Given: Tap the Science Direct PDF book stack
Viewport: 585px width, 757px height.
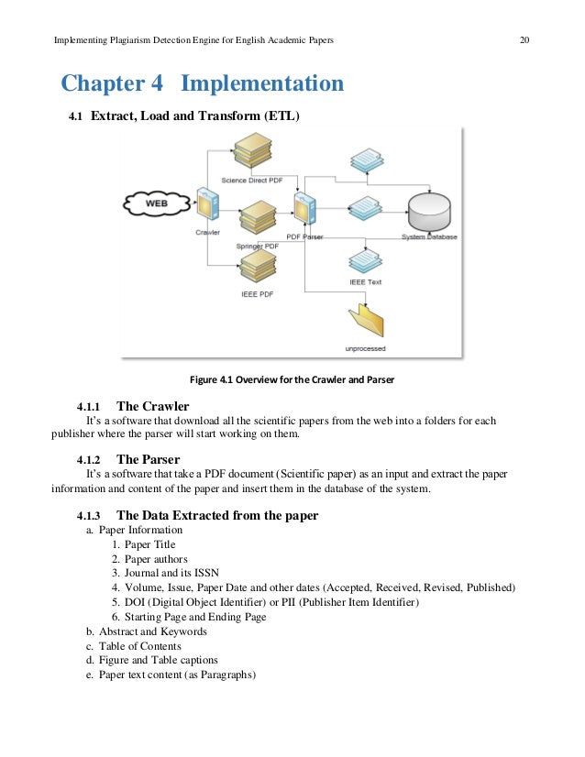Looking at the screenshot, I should coord(248,148).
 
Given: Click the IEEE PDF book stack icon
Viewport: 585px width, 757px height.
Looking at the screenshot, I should coord(258,268).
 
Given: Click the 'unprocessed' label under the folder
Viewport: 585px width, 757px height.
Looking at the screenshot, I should coord(365,349).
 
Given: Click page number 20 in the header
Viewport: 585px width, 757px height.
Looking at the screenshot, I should coord(524,40).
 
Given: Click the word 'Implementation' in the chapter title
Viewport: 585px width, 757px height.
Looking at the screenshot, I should coord(262,84).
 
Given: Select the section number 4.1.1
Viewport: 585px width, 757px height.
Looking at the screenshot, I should coord(93,405).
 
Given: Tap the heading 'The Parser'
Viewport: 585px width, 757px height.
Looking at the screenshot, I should coord(148,459).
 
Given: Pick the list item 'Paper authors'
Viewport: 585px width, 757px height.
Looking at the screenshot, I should coord(156,559).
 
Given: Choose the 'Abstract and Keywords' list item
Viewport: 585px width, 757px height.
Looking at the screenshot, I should coord(152,631).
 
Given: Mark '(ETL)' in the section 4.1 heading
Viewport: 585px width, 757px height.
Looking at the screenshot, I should coord(281,116).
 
